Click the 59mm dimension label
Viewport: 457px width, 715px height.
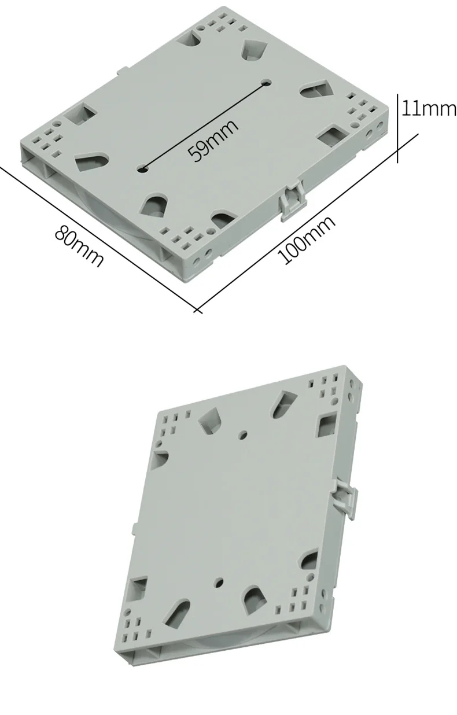click(x=213, y=140)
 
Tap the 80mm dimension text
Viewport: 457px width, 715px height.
click(x=79, y=245)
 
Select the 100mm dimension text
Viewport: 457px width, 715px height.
click(x=307, y=239)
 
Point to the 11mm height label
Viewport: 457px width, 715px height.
click(x=429, y=108)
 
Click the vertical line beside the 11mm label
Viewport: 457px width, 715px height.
click(x=397, y=128)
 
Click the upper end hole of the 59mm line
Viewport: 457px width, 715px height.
click(x=266, y=83)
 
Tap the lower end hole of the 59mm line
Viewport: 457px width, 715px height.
click(x=143, y=169)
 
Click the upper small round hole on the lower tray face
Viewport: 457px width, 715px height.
click(x=243, y=434)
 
